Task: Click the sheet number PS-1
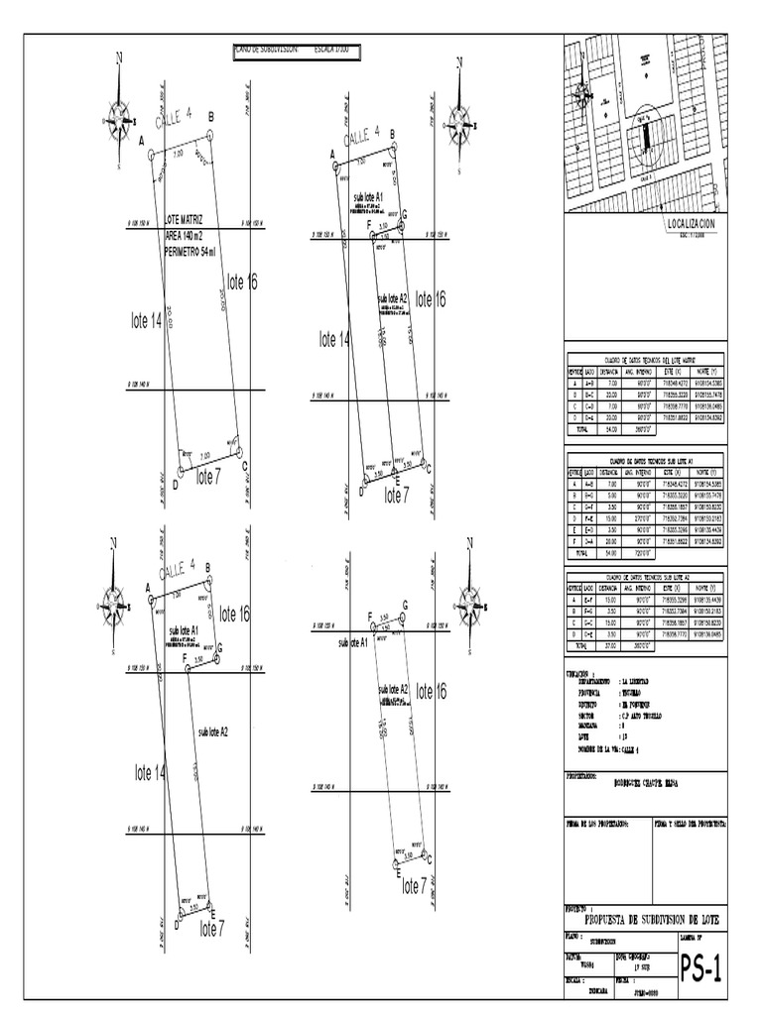point(700,967)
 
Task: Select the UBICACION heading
point(581,672)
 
